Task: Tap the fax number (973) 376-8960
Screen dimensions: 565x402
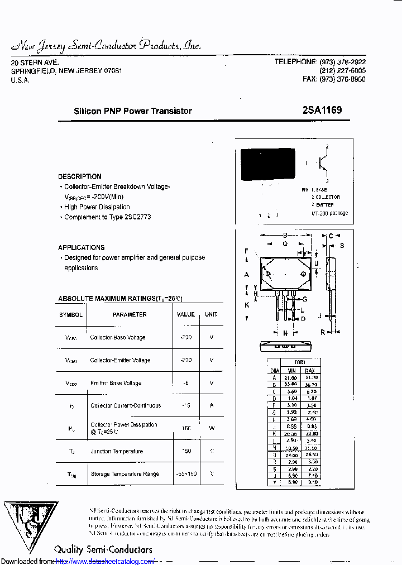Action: pyautogui.click(x=343, y=80)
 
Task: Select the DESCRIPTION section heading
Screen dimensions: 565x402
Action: pyautogui.click(x=80, y=176)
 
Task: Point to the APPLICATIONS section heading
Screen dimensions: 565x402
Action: pyautogui.click(x=82, y=247)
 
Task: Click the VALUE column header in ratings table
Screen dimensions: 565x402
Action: pyautogui.click(x=186, y=314)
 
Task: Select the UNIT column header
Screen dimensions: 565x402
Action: pyautogui.click(x=211, y=314)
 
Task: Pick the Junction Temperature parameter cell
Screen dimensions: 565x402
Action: pyautogui.click(x=117, y=451)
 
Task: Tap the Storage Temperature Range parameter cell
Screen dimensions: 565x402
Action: pyautogui.click(x=125, y=474)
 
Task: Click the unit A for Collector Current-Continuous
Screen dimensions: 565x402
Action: pyautogui.click(x=212, y=405)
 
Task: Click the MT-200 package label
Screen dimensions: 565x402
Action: pyautogui.click(x=330, y=213)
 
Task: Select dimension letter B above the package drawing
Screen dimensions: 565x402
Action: pyautogui.click(x=285, y=236)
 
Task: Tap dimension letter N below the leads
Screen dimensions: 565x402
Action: pyautogui.click(x=285, y=333)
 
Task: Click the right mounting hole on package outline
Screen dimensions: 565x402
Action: pyautogui.click(x=304, y=274)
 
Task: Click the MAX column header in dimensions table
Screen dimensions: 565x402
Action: pyautogui.click(x=311, y=371)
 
